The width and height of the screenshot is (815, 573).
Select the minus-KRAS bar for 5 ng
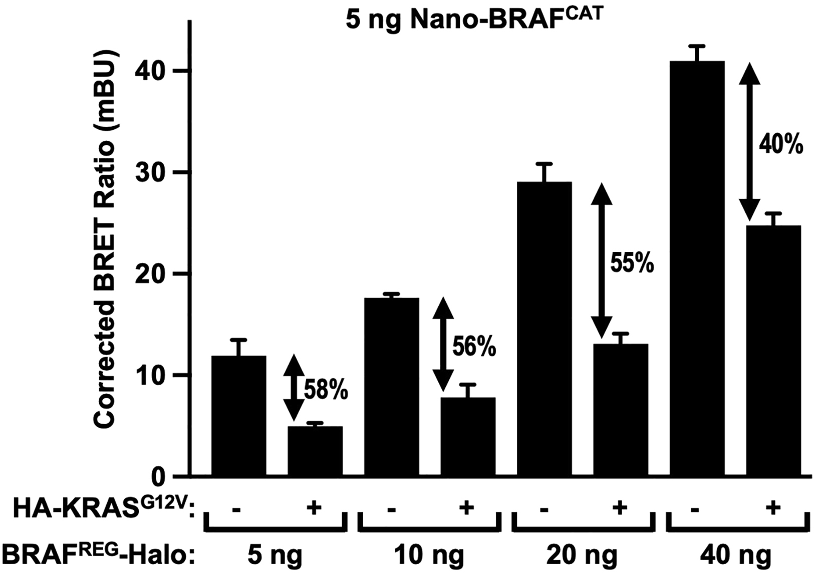click(x=239, y=415)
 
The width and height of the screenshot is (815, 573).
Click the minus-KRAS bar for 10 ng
click(x=391, y=386)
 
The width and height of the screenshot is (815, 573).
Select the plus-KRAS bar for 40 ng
click(x=773, y=350)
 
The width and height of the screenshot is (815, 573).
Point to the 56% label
click(x=474, y=347)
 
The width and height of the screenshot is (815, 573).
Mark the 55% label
click(x=632, y=264)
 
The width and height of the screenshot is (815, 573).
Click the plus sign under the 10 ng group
click(x=467, y=509)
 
